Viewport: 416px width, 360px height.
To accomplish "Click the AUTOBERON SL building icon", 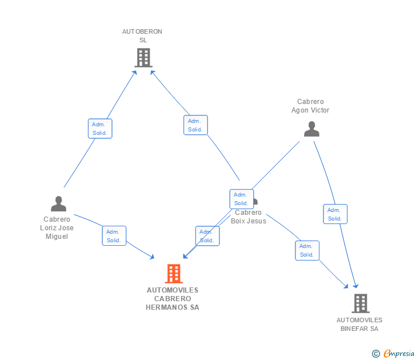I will coord(143,57).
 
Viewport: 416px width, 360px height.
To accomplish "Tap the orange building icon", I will coord(173,274).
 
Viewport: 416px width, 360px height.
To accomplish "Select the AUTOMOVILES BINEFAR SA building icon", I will coord(360,303).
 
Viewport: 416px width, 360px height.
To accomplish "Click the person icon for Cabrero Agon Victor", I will coord(311,129).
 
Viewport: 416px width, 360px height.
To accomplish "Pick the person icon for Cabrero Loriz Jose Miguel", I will coord(58,203).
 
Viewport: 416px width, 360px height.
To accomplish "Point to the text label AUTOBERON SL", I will coord(142,36).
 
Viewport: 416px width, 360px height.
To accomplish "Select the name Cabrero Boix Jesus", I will coord(249,217).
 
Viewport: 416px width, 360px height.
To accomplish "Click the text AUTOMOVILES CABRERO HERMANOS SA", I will coord(173,298).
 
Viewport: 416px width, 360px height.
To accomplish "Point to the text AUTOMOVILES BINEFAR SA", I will coord(359,324).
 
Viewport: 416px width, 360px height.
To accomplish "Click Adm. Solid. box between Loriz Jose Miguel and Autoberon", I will coord(100,129).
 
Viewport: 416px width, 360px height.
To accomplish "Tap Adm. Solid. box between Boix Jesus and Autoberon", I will coord(195,125).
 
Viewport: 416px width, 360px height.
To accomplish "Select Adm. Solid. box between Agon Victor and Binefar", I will coord(335,214).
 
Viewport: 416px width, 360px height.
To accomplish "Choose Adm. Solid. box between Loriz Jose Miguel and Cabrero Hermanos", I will coord(114,235).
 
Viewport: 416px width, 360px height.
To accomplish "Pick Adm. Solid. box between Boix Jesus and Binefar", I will coord(307,250).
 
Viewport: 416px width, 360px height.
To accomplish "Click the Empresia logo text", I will coord(398,353).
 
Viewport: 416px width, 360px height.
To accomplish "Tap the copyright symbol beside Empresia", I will coord(376,354).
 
